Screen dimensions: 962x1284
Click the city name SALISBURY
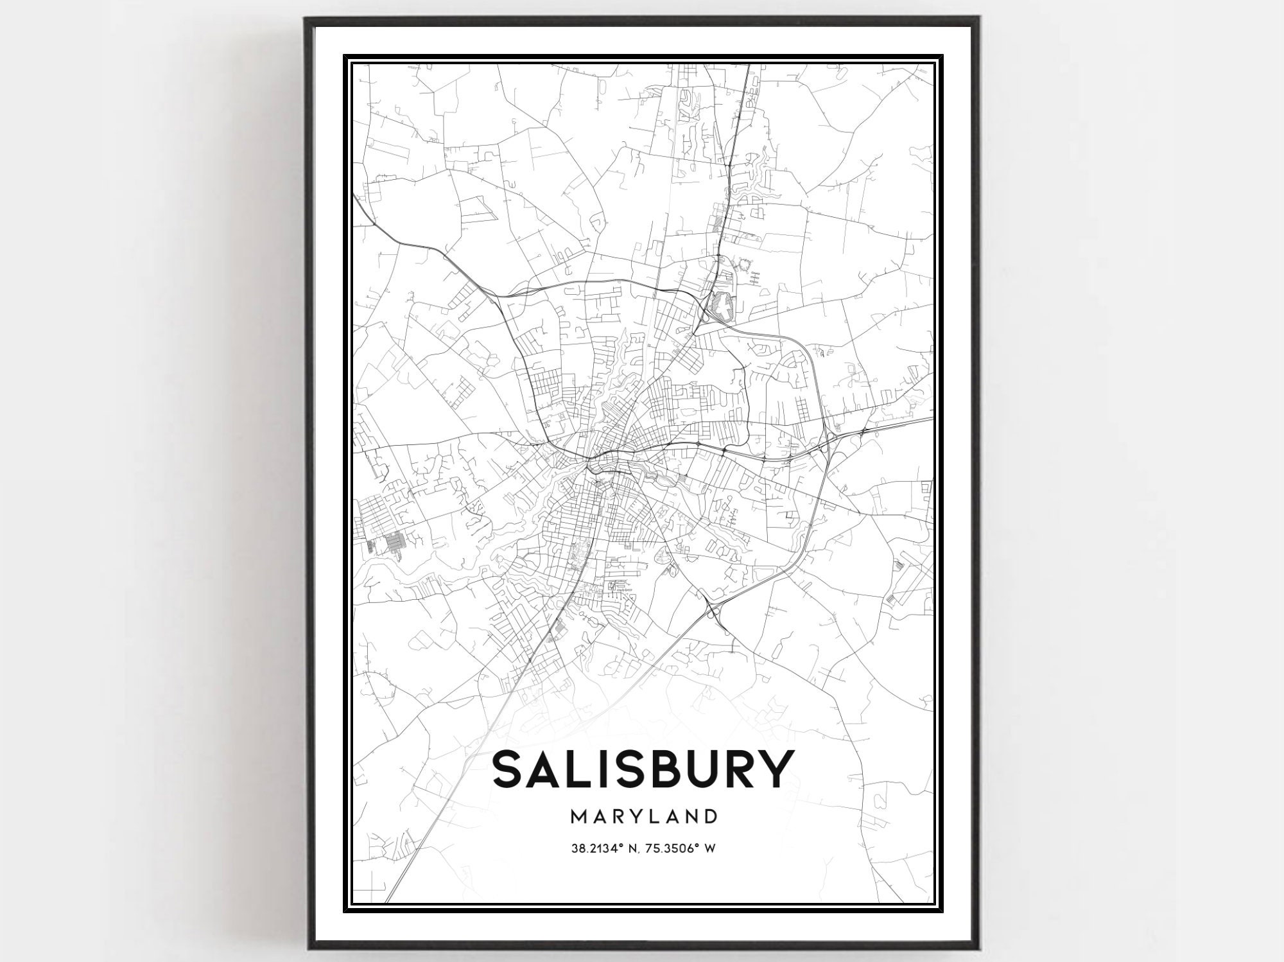(641, 769)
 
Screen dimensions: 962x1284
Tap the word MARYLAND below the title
(643, 816)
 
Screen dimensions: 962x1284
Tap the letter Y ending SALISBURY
(772, 769)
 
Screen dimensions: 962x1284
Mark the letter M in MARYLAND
(578, 816)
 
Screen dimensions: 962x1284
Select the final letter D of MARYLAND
(709, 816)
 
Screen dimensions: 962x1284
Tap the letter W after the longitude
(710, 848)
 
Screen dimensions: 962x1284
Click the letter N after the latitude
(629, 848)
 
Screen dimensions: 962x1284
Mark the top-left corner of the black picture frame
(306, 18)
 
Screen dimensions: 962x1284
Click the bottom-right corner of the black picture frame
(978, 949)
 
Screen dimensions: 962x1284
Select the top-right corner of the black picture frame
(978, 18)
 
